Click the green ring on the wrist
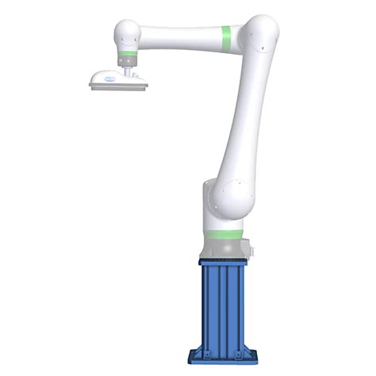(127, 57)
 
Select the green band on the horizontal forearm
(226, 36)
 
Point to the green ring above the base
(223, 235)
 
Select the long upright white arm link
(241, 119)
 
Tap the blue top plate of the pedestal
(222, 262)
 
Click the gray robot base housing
(224, 247)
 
